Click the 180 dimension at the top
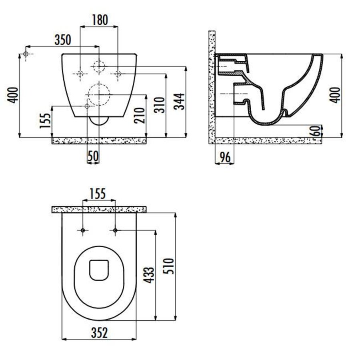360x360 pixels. click(99, 20)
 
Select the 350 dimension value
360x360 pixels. click(63, 40)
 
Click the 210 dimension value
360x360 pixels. click(140, 116)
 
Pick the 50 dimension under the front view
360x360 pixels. click(93, 156)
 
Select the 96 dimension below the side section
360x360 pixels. click(225, 157)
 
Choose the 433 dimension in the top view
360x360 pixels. click(148, 276)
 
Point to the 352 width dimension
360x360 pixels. click(99, 332)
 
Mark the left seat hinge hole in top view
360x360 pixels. click(82, 230)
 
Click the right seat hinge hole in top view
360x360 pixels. click(115, 230)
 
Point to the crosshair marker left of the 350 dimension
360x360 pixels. click(26, 54)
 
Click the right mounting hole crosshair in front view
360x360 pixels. click(118, 73)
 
